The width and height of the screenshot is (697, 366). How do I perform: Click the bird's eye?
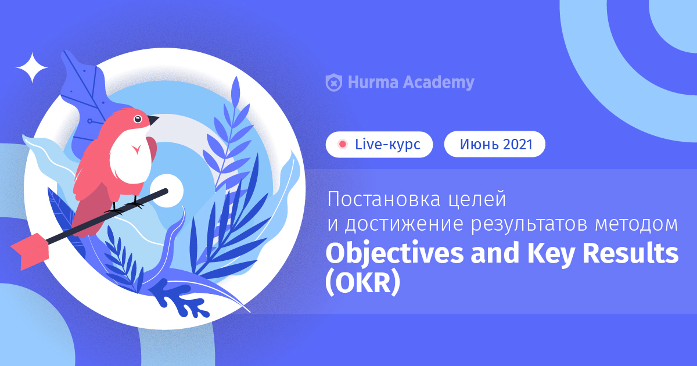138,119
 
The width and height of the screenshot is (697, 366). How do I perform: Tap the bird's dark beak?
153,120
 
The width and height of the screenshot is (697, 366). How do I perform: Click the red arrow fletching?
30,251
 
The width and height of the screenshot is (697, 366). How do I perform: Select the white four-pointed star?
32,68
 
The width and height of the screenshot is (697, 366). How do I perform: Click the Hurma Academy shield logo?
334,82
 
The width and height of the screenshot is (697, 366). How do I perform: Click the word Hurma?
373,82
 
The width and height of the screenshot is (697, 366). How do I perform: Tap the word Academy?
439,82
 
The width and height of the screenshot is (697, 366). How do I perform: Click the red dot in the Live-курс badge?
343,144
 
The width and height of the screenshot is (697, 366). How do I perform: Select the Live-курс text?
388,145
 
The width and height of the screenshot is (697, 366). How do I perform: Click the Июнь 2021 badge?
495,144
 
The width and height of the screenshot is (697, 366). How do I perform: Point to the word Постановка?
384,199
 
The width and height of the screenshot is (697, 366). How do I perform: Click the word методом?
637,224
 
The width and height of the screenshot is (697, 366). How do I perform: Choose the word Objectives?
394,254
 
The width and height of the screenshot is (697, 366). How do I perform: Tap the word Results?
630,253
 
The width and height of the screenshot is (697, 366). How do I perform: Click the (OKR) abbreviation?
363,282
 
